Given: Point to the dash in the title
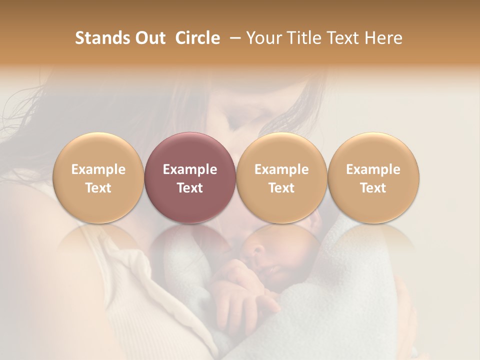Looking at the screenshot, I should coord(233,38).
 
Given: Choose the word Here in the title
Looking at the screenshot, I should coord(383,38).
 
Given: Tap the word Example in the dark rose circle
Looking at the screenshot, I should coord(190,169).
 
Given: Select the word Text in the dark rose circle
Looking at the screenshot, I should coord(190,188).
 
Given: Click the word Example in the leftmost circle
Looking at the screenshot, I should coord(98,169).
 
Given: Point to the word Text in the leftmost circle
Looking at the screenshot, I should coord(98,188).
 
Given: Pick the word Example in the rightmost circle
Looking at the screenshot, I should coord(373,169).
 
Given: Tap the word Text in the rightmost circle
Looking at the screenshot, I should coord(373,188).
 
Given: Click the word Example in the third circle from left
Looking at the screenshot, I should coord(281,169).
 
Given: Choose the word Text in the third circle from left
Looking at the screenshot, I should coord(281,188).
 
